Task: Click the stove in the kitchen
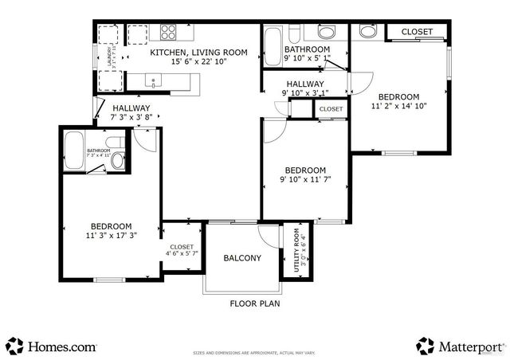(x=168, y=33)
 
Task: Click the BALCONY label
(x=241, y=258)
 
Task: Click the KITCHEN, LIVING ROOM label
(x=199, y=53)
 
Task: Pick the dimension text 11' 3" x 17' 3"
(x=111, y=236)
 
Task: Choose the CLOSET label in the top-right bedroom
(x=417, y=32)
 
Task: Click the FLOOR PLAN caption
(x=254, y=303)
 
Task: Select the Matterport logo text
(x=470, y=346)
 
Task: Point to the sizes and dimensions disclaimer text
(x=255, y=351)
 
